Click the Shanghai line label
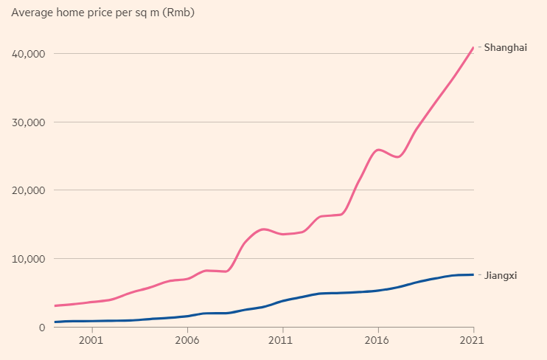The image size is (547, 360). (x=505, y=47)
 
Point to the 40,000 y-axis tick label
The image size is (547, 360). (x=28, y=54)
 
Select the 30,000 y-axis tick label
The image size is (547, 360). (x=28, y=122)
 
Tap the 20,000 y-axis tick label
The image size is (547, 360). (x=28, y=190)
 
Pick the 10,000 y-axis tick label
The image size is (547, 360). (x=28, y=259)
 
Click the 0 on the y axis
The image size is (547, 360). (x=42, y=327)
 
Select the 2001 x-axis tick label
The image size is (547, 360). (x=91, y=341)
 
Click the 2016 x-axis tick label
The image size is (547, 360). (x=377, y=341)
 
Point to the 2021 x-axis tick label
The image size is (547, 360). (x=473, y=341)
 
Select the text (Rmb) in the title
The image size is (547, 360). (x=178, y=13)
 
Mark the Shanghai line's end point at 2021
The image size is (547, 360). (x=473, y=47)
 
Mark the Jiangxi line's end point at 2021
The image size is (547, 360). (x=473, y=274)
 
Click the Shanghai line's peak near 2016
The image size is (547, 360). (x=379, y=150)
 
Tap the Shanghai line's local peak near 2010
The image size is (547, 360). (x=263, y=229)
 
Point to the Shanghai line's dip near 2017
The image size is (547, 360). (x=398, y=157)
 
